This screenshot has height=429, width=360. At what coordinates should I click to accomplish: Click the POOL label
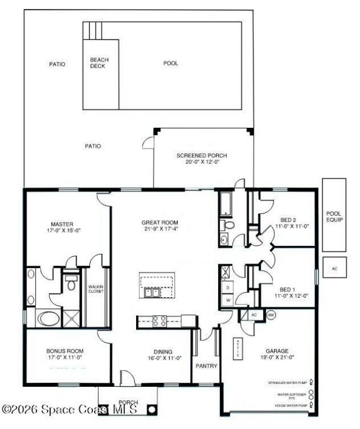click(170, 64)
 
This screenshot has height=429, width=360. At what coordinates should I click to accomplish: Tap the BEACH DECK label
click(100, 62)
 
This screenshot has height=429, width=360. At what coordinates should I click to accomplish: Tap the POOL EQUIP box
click(334, 217)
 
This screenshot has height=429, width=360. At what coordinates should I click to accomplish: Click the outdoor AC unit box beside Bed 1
click(334, 269)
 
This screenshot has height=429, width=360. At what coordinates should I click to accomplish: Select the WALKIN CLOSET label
click(96, 289)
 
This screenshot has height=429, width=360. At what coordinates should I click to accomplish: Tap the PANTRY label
click(206, 365)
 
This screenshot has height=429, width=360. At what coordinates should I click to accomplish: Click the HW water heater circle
click(271, 315)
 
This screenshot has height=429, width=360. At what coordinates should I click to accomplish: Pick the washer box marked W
click(228, 301)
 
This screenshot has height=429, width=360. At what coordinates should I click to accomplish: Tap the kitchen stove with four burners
click(159, 321)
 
